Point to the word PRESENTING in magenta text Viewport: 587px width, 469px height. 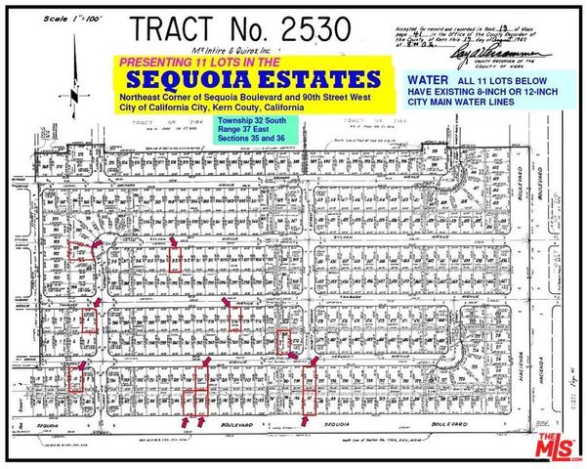(x=156, y=62)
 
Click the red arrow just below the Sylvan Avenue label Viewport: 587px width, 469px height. (x=174, y=241)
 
